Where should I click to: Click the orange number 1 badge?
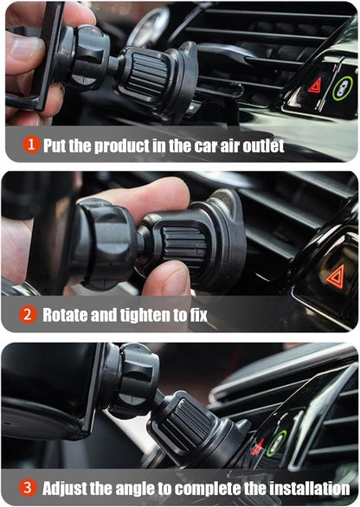[31, 144]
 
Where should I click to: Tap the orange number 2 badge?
[28, 314]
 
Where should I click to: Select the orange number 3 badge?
[28, 488]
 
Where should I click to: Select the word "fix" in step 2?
[198, 315]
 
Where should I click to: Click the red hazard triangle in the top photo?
[315, 86]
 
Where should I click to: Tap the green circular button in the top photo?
[343, 88]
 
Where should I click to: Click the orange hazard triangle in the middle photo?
[336, 277]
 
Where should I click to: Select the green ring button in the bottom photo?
[277, 443]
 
